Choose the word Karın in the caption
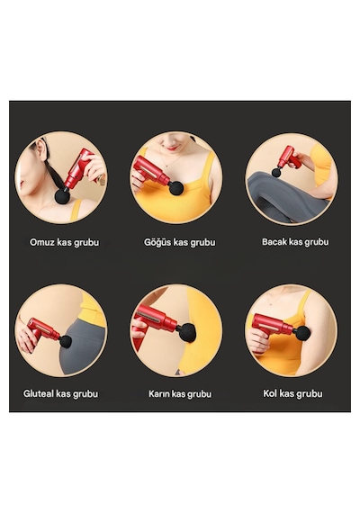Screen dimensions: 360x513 (x=158, y=393)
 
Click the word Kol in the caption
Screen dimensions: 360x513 (x=270, y=393)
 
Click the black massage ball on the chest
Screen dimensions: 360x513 (x=176, y=188)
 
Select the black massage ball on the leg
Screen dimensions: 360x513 (x=276, y=172)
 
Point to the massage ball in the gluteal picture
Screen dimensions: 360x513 (x=65, y=341)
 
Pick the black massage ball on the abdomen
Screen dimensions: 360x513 (x=187, y=331)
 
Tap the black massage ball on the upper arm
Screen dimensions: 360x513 (x=301, y=333)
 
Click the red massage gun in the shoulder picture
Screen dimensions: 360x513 (x=77, y=169)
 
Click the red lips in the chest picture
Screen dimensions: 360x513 (x=172, y=148)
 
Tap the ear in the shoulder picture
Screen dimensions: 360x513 (x=42, y=148)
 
